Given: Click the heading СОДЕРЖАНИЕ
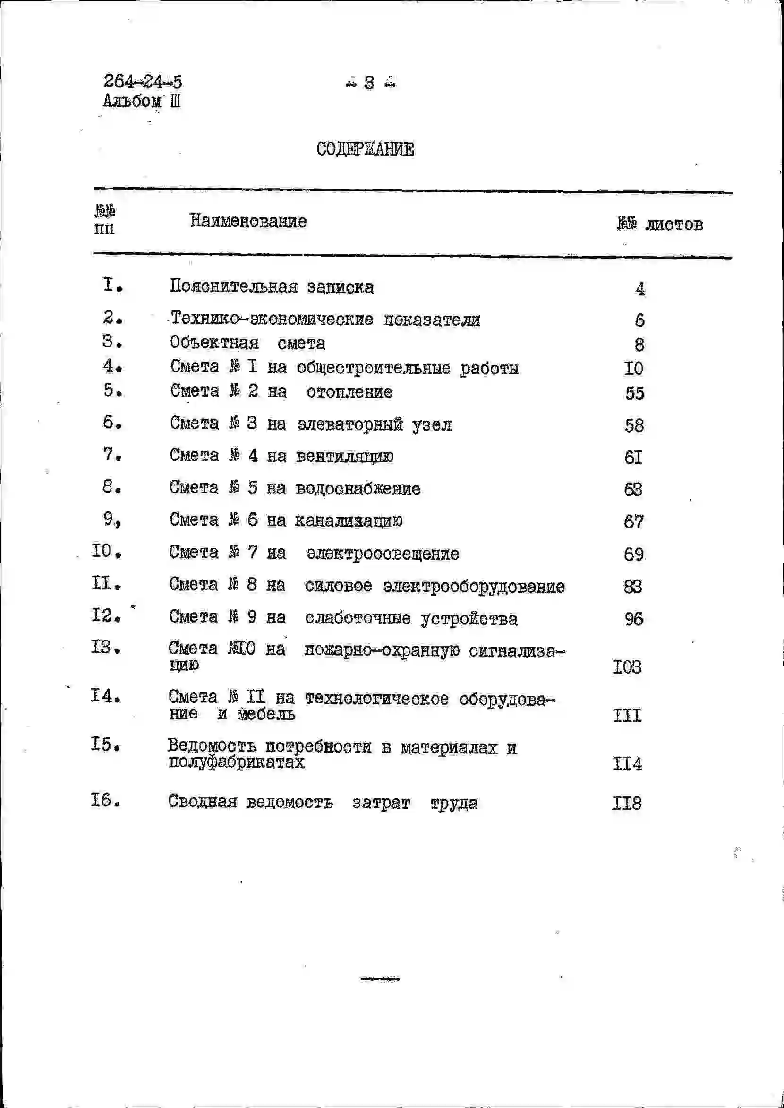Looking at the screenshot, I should [365, 149].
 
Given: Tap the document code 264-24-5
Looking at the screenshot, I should [143, 81].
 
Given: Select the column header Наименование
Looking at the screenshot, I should [248, 221].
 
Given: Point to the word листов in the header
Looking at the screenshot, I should [674, 224].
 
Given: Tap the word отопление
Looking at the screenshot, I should [349, 392].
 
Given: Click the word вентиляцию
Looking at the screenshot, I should [344, 456].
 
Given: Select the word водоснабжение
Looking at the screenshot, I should [357, 488].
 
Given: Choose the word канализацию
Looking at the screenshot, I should [348, 521].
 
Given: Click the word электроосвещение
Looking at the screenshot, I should [383, 553].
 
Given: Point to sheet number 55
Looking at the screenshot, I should [634, 393].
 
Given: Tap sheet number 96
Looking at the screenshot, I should [633, 619].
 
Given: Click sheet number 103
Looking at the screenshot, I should [627, 667].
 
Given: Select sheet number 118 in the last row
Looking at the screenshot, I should [627, 803].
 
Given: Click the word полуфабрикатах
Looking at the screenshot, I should [237, 762].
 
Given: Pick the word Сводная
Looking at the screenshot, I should [202, 802].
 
